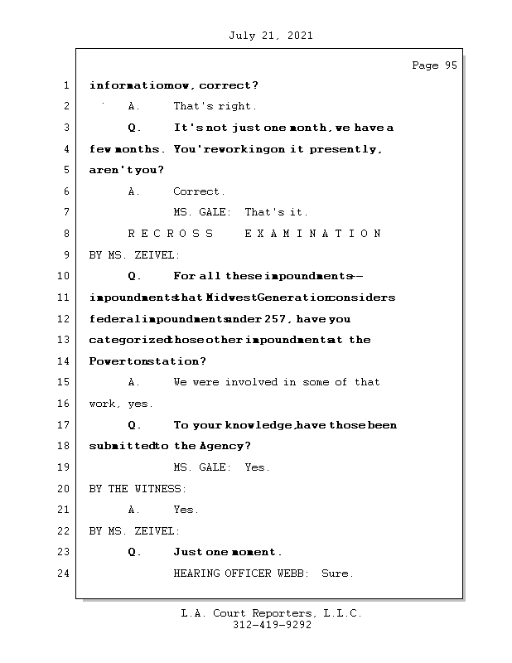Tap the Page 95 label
(434, 65)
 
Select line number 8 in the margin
(65, 234)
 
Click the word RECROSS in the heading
(171, 234)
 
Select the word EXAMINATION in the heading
(313, 234)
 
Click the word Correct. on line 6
(199, 191)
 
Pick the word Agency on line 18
(222, 446)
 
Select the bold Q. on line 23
(135, 552)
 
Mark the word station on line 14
(176, 361)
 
